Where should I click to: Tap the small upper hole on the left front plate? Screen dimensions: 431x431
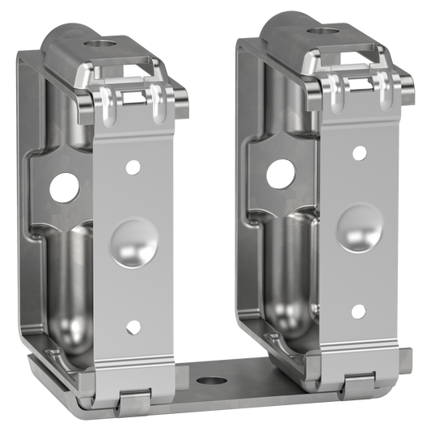133,168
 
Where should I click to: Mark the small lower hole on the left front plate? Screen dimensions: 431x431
133,327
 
